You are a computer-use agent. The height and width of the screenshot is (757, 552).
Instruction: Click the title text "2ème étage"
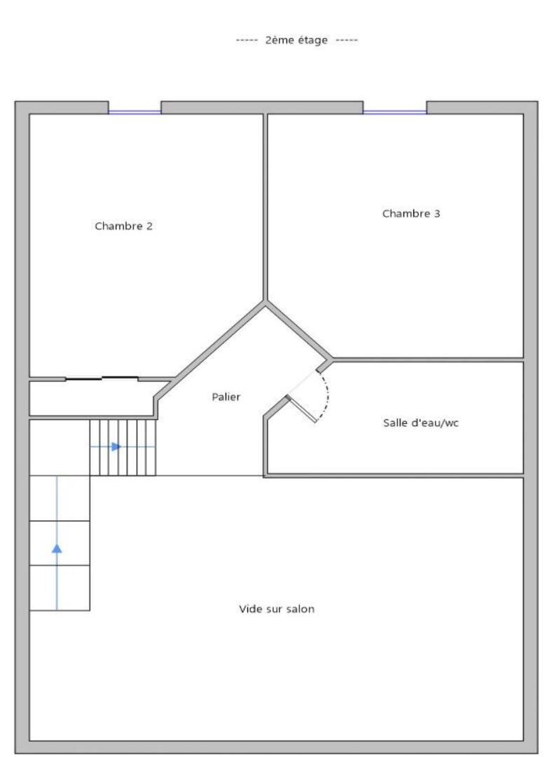pyautogui.click(x=296, y=40)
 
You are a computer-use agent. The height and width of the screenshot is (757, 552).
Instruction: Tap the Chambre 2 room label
pyautogui.click(x=123, y=226)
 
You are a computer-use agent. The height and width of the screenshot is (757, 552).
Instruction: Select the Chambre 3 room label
pyautogui.click(x=411, y=213)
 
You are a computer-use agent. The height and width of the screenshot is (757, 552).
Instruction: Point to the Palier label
pyautogui.click(x=226, y=397)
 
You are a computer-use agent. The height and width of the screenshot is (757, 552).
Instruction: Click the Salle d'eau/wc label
pyautogui.click(x=421, y=423)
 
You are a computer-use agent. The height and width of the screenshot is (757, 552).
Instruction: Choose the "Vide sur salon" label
pyautogui.click(x=277, y=609)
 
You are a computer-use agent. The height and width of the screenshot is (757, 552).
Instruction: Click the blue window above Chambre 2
pyautogui.click(x=134, y=112)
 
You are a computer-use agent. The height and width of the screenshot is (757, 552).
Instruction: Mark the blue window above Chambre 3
pyautogui.click(x=394, y=112)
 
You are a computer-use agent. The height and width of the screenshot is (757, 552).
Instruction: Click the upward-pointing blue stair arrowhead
pyautogui.click(x=57, y=548)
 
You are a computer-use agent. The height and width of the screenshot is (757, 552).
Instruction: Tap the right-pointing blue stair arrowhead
pyautogui.click(x=116, y=446)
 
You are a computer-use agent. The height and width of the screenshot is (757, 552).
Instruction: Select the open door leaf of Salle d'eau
pyautogui.click(x=302, y=409)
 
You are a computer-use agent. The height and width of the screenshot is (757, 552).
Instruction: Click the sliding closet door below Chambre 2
pyautogui.click(x=102, y=378)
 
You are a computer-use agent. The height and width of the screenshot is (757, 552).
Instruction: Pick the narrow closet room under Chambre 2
pyautogui.click(x=92, y=398)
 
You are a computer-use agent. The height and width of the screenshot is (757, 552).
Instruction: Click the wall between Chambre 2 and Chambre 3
pyautogui.click(x=265, y=207)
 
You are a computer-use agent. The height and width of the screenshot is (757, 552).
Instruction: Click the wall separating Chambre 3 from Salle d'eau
pyautogui.click(x=429, y=360)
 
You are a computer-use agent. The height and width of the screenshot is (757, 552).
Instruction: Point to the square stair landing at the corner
pyautogui.click(x=60, y=447)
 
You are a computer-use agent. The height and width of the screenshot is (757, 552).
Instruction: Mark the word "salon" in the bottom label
pyautogui.click(x=300, y=609)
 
